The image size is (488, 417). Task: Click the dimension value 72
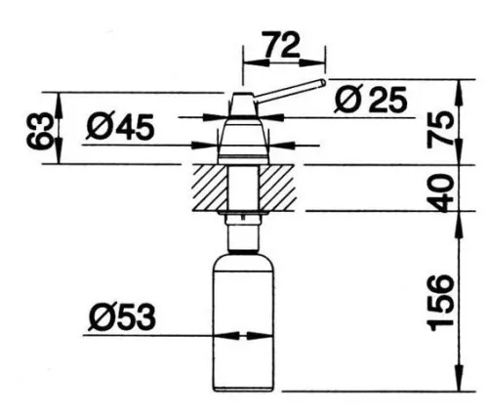tap(281, 44)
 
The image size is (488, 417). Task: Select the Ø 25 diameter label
tap(371, 100)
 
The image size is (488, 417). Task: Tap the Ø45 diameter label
tap(120, 127)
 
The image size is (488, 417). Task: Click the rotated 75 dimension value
tap(440, 128)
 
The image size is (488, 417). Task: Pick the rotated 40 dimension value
tap(440, 192)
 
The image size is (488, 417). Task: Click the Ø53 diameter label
tap(122, 317)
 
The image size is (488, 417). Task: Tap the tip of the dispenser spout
tap(323, 82)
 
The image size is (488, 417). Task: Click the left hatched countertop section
tap(210, 188)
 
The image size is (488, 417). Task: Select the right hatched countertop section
tap(277, 188)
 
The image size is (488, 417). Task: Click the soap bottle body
tap(243, 324)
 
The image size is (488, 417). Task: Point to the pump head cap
tap(242, 104)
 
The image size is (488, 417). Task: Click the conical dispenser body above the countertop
tap(243, 141)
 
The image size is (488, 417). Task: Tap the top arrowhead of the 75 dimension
tap(459, 93)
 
